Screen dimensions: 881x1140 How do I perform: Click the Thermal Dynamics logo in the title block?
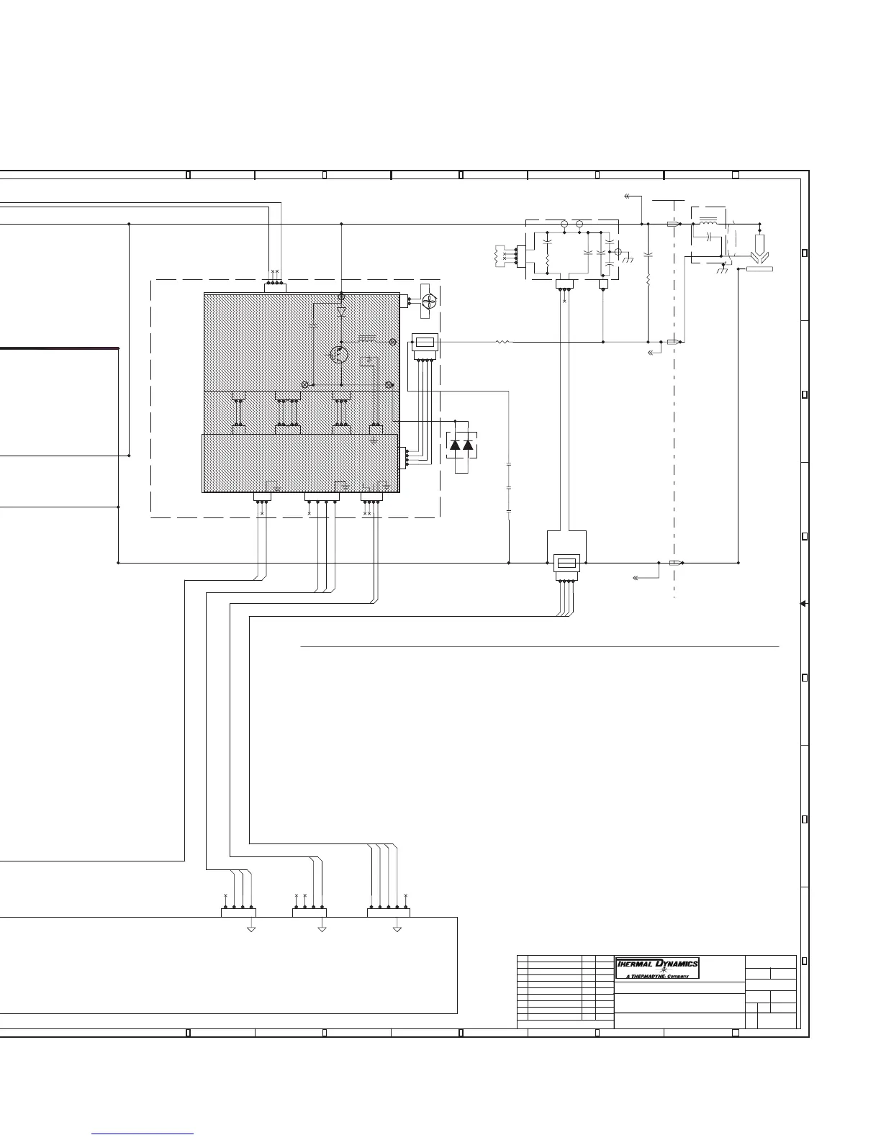tap(656, 964)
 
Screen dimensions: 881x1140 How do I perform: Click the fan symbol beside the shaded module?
tap(428, 305)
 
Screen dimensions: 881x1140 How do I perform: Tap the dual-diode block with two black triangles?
tap(461, 445)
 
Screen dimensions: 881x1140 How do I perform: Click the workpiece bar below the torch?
tap(759, 269)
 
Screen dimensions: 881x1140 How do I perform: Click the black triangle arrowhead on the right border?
tap(803, 604)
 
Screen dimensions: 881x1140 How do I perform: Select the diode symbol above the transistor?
tap(341, 312)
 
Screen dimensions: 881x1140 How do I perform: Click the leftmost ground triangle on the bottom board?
tap(251, 929)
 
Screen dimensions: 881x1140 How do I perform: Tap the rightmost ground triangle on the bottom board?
tap(397, 929)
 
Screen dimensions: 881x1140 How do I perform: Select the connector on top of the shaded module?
tap(275, 288)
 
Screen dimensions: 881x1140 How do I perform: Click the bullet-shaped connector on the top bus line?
tap(673, 224)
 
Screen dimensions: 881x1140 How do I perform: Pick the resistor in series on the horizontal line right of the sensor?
tap(502, 343)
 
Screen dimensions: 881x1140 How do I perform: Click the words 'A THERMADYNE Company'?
tap(657, 976)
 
